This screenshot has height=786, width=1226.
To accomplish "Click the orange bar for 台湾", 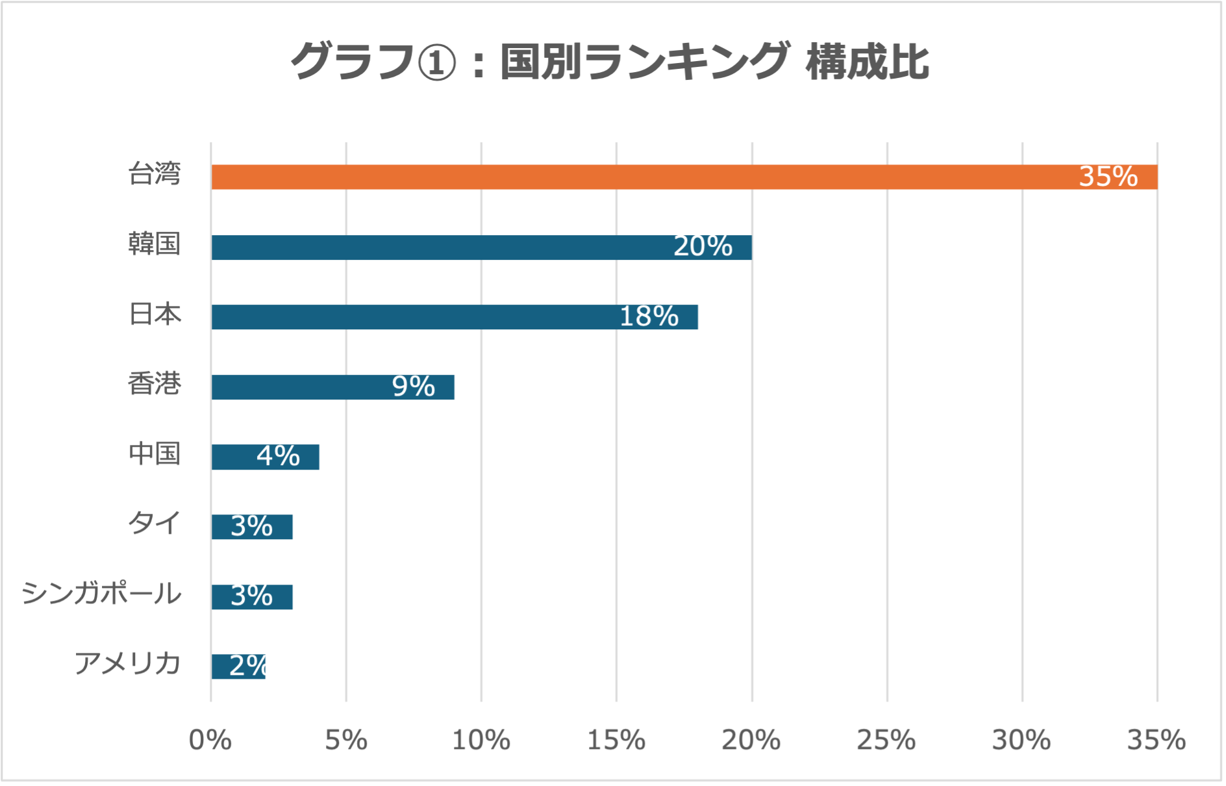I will click(649, 177).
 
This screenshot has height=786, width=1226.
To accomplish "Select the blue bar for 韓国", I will click(455, 247).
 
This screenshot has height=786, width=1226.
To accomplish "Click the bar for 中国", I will click(234, 457).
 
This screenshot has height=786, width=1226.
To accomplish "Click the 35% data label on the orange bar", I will click(1108, 177).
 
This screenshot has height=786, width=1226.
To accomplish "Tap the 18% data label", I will click(649, 317).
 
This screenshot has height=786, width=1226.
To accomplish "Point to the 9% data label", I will click(413, 387).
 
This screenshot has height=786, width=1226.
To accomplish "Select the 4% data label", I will click(278, 456).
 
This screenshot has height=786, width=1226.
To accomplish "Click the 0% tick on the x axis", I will click(210, 740).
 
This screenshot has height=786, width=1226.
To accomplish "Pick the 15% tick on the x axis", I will click(616, 740).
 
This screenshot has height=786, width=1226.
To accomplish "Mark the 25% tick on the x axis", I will click(886, 740).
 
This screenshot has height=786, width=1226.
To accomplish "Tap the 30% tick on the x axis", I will click(1021, 740).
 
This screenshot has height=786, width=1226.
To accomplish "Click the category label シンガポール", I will click(101, 594).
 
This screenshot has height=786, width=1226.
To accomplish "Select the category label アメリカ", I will click(127, 663).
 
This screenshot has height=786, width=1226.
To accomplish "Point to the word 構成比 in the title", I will click(867, 63).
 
